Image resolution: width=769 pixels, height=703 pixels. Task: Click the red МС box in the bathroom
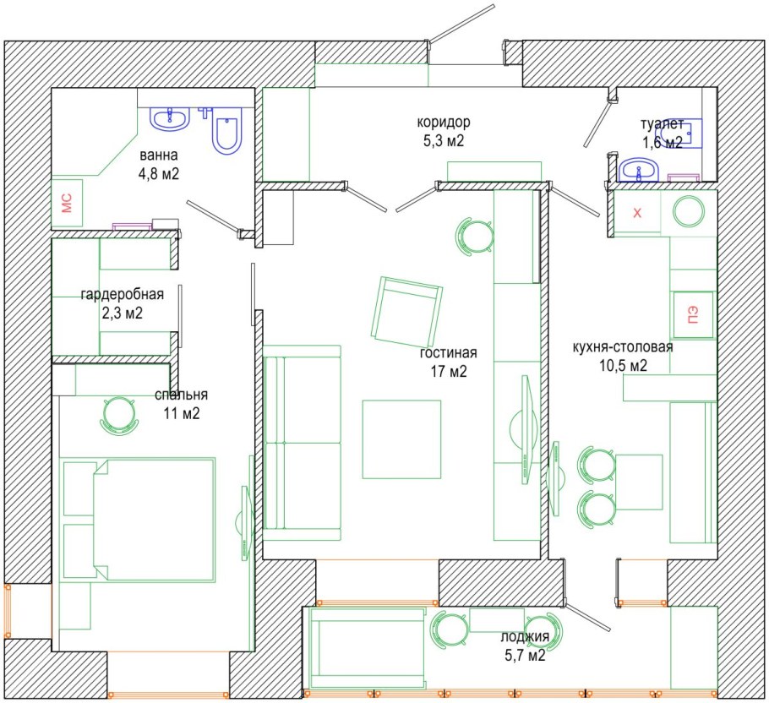(x=67, y=203)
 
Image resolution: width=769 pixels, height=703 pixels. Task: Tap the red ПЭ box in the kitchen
(x=693, y=314)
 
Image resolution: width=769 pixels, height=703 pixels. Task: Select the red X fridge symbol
(x=637, y=213)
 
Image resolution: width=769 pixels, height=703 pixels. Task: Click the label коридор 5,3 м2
(x=444, y=131)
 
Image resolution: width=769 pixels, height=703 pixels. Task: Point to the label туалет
(x=662, y=123)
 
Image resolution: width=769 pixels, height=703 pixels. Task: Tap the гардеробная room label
(x=123, y=294)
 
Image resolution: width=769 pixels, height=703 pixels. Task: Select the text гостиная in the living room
(x=448, y=352)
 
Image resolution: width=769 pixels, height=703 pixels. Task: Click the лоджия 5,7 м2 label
(x=525, y=646)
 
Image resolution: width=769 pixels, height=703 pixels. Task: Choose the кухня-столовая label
(x=623, y=347)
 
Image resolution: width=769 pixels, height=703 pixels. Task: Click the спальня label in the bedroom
(x=181, y=395)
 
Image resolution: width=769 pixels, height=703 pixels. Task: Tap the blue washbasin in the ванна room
(x=170, y=119)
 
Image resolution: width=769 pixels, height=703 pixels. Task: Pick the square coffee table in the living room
(x=401, y=439)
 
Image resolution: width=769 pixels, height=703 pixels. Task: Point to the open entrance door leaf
(x=462, y=24)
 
